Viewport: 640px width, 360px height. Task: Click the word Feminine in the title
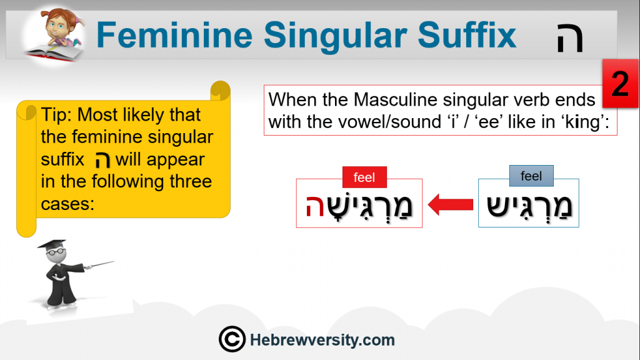(175, 35)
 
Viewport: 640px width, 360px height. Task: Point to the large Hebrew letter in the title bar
(570, 37)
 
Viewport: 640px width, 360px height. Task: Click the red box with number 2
(621, 83)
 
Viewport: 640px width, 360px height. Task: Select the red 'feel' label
(364, 177)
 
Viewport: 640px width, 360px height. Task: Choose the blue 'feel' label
(531, 176)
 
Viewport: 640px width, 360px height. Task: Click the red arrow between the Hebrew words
(451, 204)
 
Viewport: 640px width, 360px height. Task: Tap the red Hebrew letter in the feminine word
(315, 206)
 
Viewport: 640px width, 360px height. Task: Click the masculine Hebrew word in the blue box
(529, 206)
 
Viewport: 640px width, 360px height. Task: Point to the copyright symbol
(232, 339)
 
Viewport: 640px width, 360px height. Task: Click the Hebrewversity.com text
(322, 340)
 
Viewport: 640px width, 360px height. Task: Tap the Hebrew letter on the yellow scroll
(102, 159)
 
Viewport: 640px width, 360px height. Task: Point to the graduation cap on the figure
(52, 244)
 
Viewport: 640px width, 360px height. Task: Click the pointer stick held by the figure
(99, 264)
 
